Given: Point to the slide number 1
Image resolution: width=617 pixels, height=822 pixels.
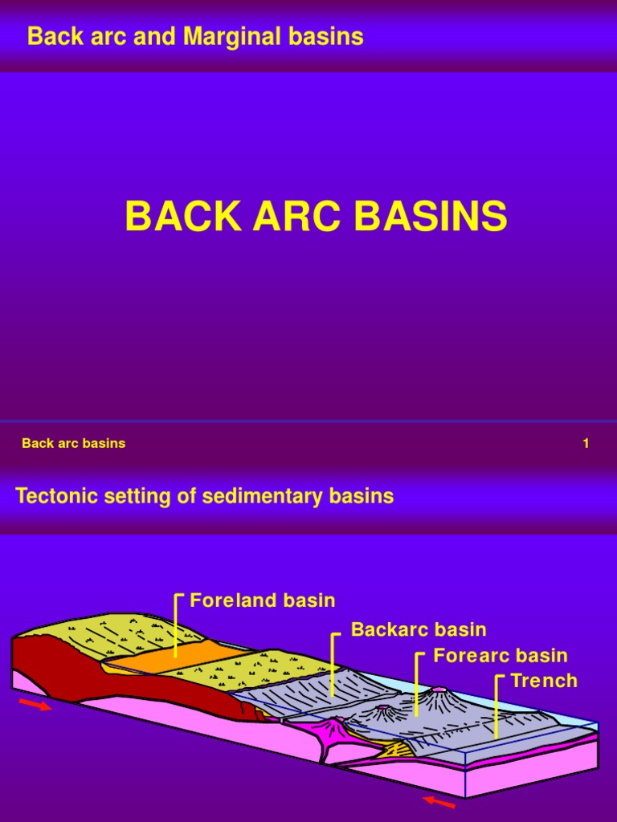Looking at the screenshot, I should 586,443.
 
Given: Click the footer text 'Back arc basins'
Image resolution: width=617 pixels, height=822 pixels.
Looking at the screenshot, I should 74,443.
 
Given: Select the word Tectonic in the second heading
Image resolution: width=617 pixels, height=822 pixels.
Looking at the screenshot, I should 51,497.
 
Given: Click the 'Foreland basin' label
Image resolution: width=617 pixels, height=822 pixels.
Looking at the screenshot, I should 263,600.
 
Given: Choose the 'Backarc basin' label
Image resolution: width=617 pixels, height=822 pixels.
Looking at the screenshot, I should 419,629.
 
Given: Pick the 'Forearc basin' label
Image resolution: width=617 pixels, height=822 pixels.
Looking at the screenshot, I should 501,655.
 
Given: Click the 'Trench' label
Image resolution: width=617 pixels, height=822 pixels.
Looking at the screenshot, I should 544,681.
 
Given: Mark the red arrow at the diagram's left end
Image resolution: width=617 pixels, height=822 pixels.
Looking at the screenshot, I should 35,705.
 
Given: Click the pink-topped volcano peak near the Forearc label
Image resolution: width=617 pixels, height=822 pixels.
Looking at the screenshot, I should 439,690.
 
